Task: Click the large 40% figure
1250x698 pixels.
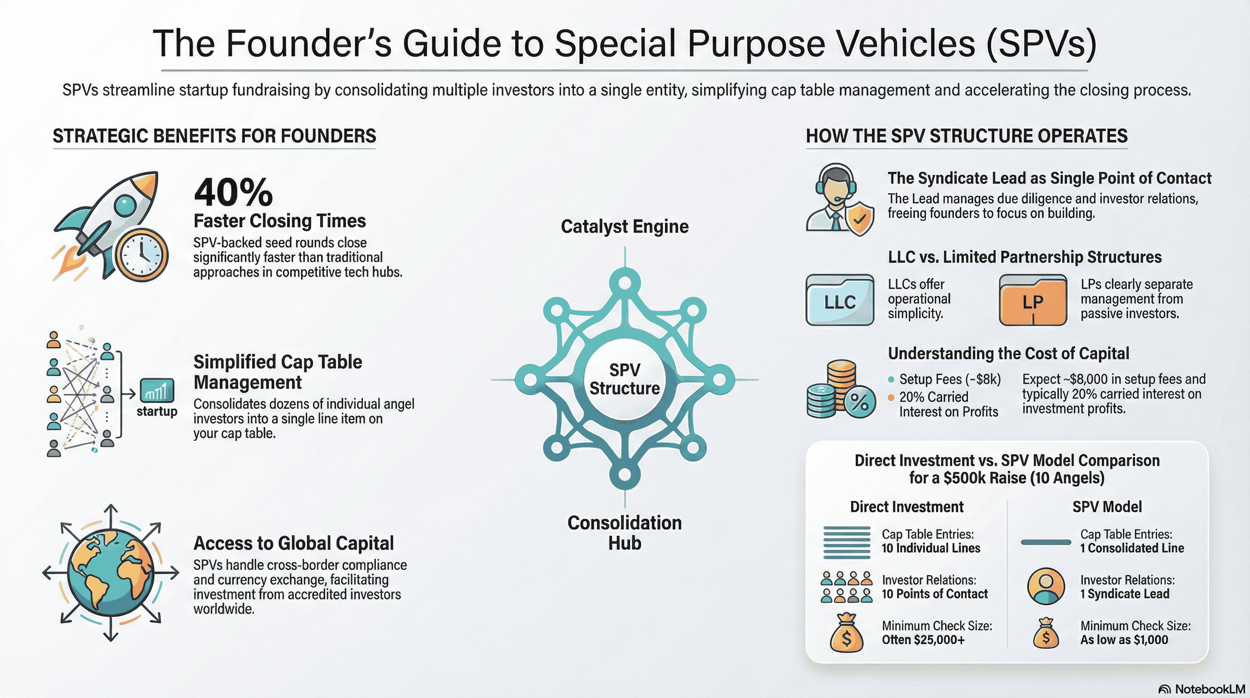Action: (233, 193)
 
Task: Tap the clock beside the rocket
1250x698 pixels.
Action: (141, 255)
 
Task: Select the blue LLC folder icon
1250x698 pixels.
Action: (840, 300)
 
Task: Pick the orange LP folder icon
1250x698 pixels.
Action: (1032, 300)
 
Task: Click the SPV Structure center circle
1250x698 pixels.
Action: (624, 379)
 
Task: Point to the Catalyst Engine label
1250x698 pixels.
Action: (624, 227)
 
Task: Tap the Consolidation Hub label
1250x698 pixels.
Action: (624, 532)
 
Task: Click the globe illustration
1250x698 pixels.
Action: (110, 573)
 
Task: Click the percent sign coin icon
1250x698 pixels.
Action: (859, 402)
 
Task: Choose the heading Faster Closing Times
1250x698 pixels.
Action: (279, 221)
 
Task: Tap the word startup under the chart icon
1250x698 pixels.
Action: (157, 411)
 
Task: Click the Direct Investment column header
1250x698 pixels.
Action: (906, 507)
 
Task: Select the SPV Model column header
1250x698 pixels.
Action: (1107, 507)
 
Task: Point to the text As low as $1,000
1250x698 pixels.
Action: (1124, 640)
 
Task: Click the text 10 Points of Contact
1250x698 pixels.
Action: (934, 594)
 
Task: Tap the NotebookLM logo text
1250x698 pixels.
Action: (1209, 689)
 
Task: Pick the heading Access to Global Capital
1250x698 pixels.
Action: (293, 543)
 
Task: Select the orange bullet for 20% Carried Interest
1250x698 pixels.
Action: (891, 397)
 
